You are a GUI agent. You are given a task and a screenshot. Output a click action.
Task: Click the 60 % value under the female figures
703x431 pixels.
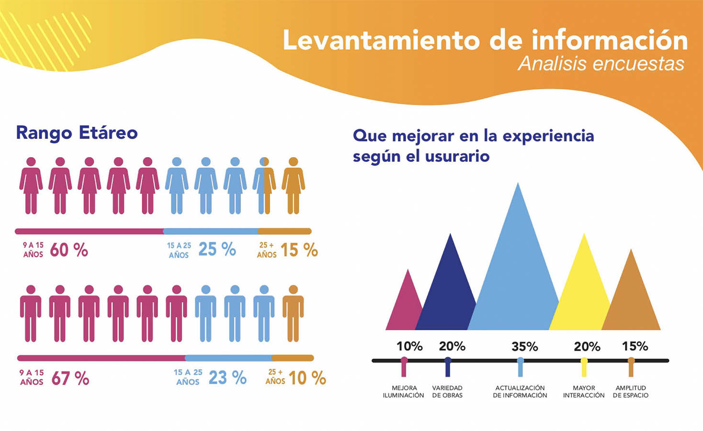(x=69, y=250)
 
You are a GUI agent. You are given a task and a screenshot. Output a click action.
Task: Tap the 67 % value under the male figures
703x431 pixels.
(x=70, y=378)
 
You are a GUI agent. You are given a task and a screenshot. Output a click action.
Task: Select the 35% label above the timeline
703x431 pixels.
(x=524, y=346)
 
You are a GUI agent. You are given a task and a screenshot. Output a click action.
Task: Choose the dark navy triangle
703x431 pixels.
(x=448, y=292)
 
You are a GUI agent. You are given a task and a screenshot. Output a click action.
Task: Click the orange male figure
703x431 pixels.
(x=293, y=313)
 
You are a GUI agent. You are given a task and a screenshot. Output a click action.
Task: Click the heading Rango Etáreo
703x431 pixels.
(x=77, y=133)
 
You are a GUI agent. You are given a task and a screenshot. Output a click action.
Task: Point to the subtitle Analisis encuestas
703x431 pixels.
(x=601, y=64)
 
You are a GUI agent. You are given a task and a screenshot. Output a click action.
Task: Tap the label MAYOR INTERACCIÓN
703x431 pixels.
(x=583, y=391)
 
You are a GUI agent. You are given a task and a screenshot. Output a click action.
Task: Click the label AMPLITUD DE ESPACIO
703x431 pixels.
(x=631, y=391)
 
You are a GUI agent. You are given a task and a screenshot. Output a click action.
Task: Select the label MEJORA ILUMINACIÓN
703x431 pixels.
(x=403, y=391)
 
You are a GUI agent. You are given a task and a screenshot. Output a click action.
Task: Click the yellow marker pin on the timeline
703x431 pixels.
(x=584, y=366)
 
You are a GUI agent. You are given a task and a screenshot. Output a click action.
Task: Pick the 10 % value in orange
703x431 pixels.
(x=307, y=378)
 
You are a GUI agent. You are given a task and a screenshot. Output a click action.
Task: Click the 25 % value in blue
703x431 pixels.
(x=217, y=250)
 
